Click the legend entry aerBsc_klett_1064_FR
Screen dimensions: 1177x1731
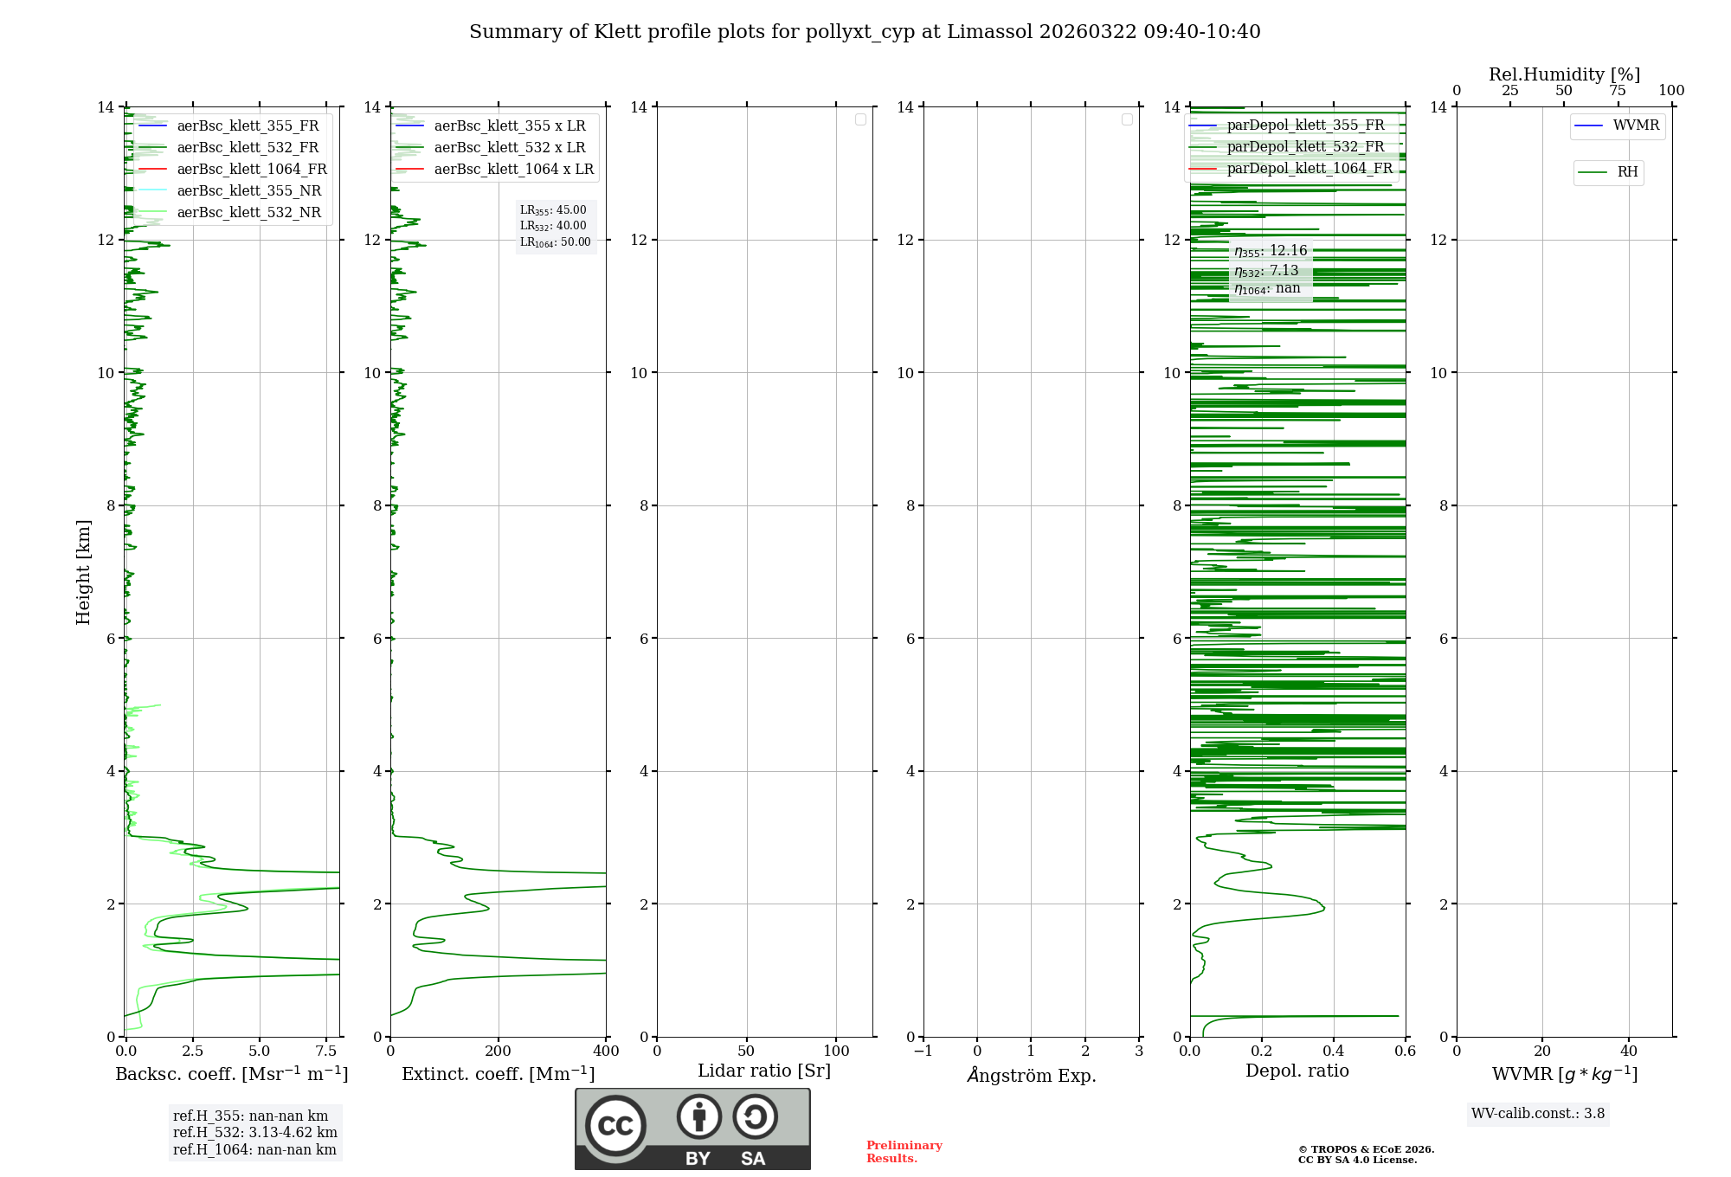pyautogui.click(x=251, y=169)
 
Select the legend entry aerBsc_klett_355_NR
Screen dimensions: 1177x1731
pyautogui.click(x=248, y=190)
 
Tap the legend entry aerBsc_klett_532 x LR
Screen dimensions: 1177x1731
pyautogui.click(x=509, y=147)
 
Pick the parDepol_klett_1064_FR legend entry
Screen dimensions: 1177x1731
pyautogui.click(x=1310, y=168)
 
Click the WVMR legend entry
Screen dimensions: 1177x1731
pyautogui.click(x=1636, y=125)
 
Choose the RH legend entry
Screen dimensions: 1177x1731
pyautogui.click(x=1627, y=172)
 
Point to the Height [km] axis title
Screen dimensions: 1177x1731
pyautogui.click(x=83, y=572)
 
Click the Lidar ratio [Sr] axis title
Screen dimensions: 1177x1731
pyautogui.click(x=764, y=1071)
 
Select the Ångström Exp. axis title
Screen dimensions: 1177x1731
pyautogui.click(x=1031, y=1075)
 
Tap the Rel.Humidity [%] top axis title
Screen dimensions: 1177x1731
pyautogui.click(x=1564, y=74)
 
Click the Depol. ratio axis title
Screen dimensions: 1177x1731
pyautogui.click(x=1297, y=1071)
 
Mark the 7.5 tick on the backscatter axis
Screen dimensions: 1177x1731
pyautogui.click(x=326, y=1052)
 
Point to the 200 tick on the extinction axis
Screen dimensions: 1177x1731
pyautogui.click(x=498, y=1052)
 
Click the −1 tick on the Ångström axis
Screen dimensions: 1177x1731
pyautogui.click(x=923, y=1052)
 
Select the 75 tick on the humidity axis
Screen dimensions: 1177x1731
pyautogui.click(x=1617, y=91)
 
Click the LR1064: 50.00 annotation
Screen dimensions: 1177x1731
pyautogui.click(x=555, y=242)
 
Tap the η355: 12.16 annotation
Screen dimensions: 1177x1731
pyautogui.click(x=1271, y=251)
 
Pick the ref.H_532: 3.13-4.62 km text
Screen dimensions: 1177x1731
pyautogui.click(x=254, y=1133)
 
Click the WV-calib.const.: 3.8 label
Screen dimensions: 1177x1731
pyautogui.click(x=1537, y=1114)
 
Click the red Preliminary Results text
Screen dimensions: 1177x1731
pyautogui.click(x=904, y=1152)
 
